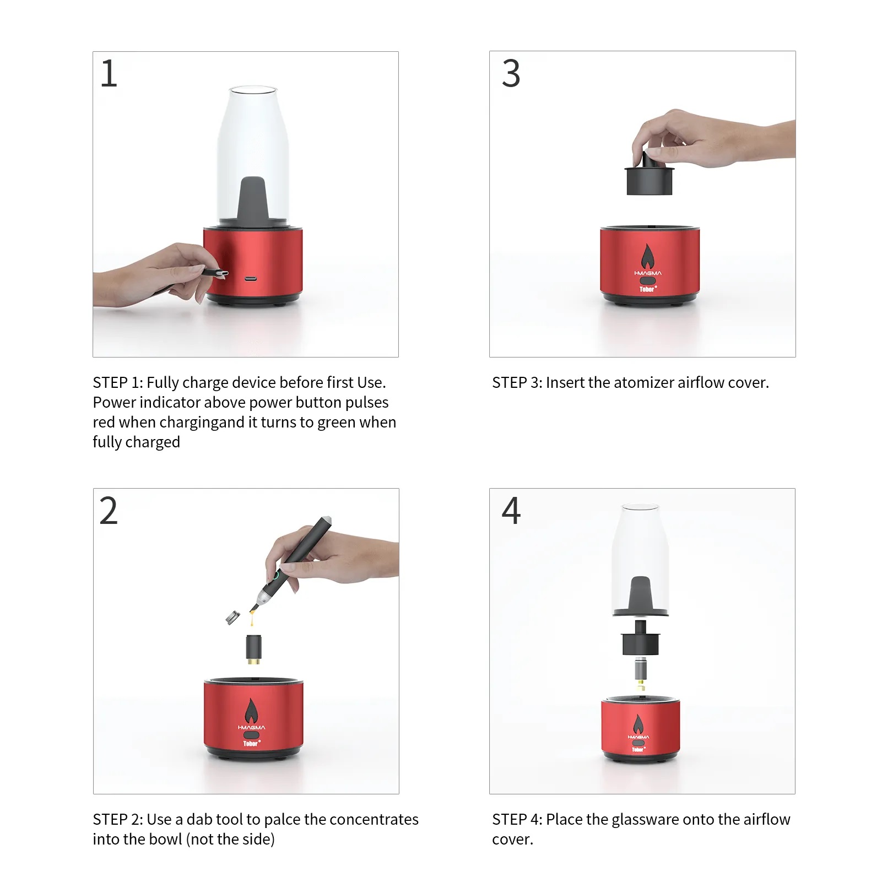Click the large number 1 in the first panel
click(109, 73)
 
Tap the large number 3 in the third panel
click(511, 73)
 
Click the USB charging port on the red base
click(251, 278)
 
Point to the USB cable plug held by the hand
click(215, 273)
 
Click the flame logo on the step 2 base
click(251, 711)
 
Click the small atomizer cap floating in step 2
click(233, 617)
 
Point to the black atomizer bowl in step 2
click(253, 648)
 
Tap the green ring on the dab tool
click(275, 576)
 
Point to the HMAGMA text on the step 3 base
click(648, 273)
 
